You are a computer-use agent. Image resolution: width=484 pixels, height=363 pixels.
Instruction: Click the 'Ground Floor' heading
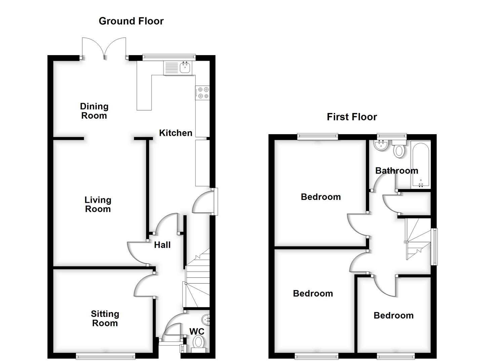131,21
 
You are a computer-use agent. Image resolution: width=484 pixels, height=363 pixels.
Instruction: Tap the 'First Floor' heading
352,117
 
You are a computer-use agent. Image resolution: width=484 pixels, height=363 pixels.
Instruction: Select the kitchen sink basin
185,68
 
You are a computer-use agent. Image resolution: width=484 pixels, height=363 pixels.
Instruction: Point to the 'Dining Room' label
94,111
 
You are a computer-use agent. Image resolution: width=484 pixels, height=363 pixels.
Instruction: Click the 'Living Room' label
98,204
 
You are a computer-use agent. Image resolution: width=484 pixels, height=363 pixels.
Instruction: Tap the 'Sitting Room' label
105,318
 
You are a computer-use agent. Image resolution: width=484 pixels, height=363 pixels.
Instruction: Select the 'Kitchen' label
175,133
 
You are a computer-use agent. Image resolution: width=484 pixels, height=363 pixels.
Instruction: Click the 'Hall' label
162,245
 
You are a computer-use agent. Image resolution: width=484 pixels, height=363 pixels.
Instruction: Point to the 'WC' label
197,332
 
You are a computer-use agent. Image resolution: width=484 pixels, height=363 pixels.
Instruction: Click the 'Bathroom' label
397,171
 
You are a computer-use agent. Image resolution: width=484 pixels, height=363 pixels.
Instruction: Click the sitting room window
106,356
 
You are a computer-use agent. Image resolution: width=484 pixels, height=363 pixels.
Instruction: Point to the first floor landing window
435,247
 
